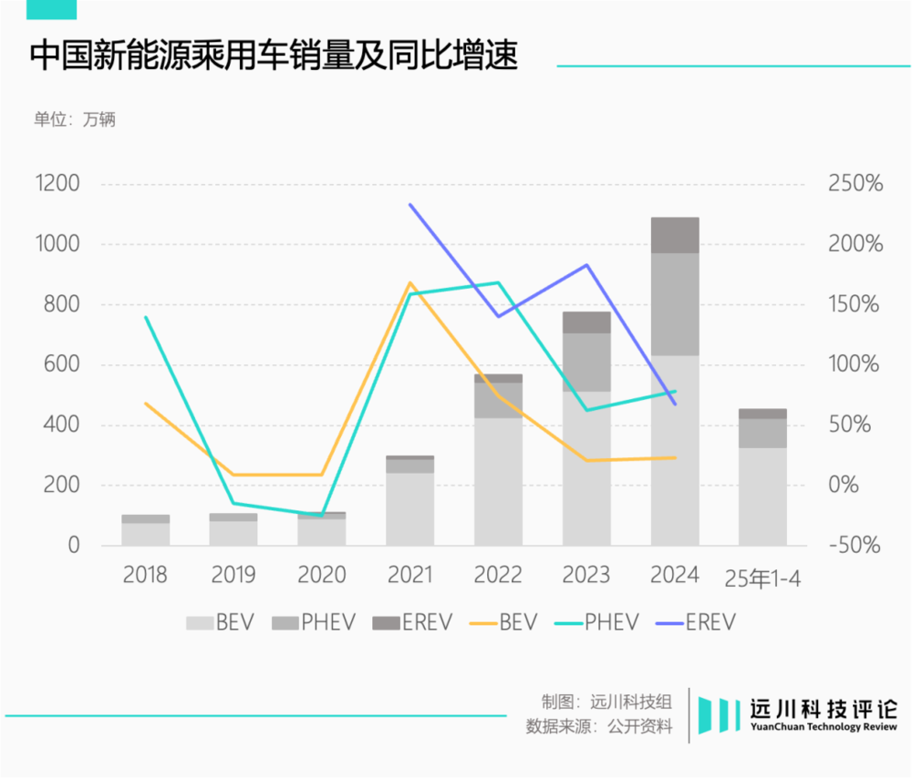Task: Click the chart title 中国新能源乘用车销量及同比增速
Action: click(274, 56)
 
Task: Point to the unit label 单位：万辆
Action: click(75, 119)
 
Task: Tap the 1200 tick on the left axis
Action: click(57, 184)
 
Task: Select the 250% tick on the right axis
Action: click(855, 184)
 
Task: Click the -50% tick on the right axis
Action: click(855, 545)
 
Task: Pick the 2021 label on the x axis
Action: click(409, 576)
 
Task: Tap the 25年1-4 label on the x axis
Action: click(762, 578)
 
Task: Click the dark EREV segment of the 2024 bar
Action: click(675, 235)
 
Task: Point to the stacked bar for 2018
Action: click(145, 531)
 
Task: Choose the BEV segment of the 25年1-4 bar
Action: click(762, 496)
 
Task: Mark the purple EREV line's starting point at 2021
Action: click(410, 204)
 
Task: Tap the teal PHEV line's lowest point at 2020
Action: click(321, 516)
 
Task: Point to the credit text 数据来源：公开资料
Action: click(599, 727)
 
